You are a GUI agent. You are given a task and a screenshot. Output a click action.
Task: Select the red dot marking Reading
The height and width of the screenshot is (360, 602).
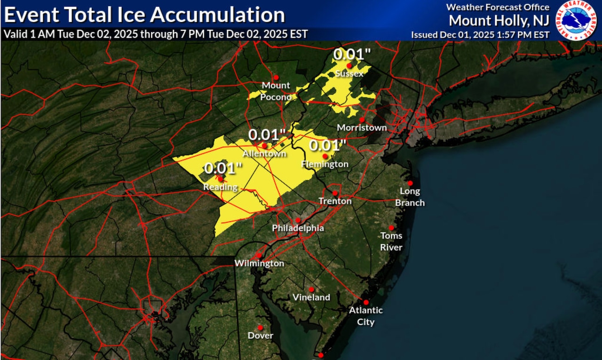pos(220,179)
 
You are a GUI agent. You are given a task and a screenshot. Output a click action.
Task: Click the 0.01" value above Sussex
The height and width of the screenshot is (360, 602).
pos(349,55)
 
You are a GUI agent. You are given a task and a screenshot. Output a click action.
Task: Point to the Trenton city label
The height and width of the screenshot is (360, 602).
pos(335,201)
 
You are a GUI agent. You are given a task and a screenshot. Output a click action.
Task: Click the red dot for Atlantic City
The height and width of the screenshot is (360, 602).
pos(366,302)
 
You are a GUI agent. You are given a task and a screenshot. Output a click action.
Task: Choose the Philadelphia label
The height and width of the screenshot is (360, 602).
pos(298,228)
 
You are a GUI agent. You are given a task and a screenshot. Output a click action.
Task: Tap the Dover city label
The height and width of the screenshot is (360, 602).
pos(261,336)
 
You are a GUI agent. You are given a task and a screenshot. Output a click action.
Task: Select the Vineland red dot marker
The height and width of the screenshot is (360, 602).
pos(311,290)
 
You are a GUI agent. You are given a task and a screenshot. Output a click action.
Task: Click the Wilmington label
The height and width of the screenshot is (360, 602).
pos(260,263)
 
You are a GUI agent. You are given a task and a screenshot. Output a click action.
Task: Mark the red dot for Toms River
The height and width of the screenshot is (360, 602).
pos(391,227)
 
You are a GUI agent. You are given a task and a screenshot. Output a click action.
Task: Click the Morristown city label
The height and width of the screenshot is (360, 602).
pos(362,127)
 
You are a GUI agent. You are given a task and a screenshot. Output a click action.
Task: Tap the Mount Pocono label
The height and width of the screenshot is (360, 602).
pos(276,91)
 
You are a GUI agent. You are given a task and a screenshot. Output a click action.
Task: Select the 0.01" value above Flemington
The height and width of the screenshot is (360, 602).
pos(327,145)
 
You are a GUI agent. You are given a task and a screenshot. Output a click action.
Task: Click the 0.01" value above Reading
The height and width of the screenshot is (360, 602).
pos(223,168)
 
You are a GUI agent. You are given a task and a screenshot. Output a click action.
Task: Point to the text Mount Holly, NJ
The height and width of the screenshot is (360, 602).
pos(499,21)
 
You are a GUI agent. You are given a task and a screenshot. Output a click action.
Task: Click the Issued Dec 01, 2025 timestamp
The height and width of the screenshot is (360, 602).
pos(480,34)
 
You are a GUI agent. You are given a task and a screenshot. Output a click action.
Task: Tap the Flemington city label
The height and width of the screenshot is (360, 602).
pos(325,164)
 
